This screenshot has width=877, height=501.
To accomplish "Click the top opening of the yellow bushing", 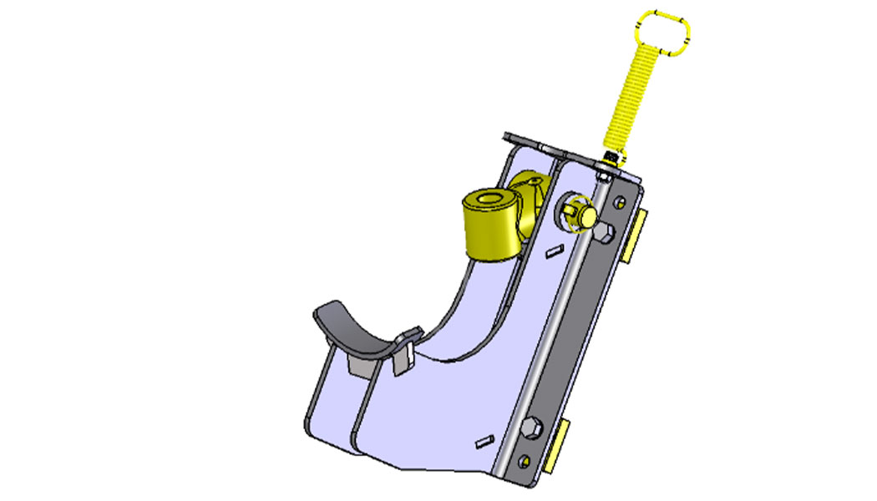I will (x=491, y=200).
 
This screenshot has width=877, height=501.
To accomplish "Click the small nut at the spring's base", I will (x=611, y=157).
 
